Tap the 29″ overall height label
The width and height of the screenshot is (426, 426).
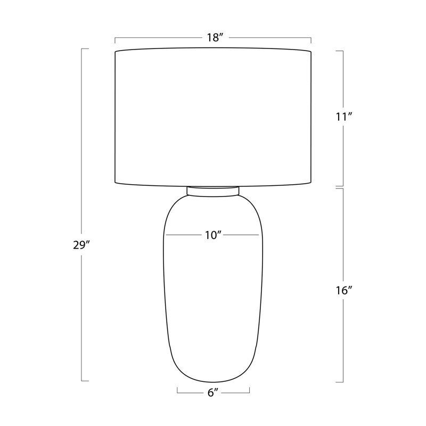81,245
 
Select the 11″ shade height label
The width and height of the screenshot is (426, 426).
343,117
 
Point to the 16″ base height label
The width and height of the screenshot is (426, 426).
343,291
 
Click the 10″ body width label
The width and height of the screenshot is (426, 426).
213,235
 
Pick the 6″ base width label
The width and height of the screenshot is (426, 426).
214,392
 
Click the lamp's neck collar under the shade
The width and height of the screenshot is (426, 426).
213,191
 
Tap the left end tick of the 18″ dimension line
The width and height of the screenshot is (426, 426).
115,40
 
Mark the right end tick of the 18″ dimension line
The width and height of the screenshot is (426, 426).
311,40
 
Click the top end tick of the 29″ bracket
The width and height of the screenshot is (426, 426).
85,49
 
